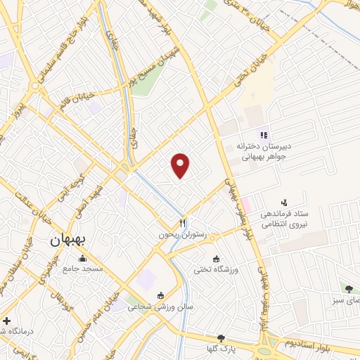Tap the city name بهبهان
(69, 239)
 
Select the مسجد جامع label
(83, 269)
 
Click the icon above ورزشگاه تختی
(216, 259)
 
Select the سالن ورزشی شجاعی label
(160, 307)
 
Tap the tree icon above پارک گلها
(221, 338)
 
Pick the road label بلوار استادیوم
(307, 343)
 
